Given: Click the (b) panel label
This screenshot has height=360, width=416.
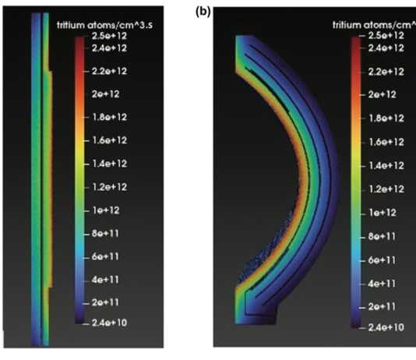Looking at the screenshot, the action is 203,12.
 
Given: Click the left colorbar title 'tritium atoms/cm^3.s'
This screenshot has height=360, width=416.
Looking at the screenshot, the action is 105,25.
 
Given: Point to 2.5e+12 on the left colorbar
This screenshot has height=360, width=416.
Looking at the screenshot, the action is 109,36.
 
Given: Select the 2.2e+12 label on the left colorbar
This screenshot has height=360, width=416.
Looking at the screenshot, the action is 109,71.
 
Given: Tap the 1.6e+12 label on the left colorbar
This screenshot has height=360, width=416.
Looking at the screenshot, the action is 109,140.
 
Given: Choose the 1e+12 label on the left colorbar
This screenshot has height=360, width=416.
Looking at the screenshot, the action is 106,210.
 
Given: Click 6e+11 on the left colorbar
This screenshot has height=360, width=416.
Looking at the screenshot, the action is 105,257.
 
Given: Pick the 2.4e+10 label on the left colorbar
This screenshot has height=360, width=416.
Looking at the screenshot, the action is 109,323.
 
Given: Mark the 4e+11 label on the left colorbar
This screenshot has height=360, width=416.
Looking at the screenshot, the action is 105,280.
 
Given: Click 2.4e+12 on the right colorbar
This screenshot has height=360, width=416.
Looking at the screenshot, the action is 386,48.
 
